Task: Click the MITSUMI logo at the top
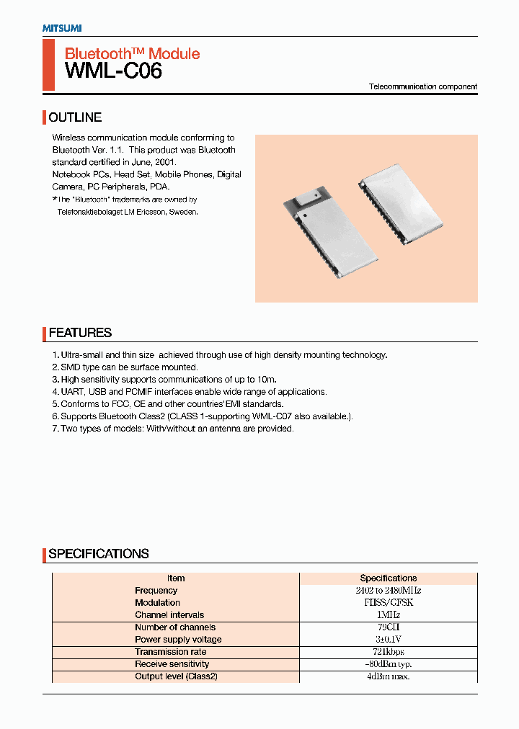tap(61, 27)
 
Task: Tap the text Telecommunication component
tap(423, 86)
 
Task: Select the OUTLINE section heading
tap(75, 117)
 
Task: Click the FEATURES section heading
tap(80, 333)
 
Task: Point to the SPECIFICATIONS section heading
tap(99, 554)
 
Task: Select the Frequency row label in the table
tap(156, 591)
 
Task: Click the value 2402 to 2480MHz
tap(388, 591)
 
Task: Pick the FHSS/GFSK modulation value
tap(388, 603)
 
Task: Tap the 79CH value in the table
tap(388, 627)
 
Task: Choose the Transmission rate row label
tap(170, 652)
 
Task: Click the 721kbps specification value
tap(388, 652)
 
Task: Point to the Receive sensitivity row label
tap(172, 664)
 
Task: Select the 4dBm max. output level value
tap(388, 676)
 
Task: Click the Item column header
tap(176, 578)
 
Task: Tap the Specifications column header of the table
tap(388, 578)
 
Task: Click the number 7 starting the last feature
tap(55, 429)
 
